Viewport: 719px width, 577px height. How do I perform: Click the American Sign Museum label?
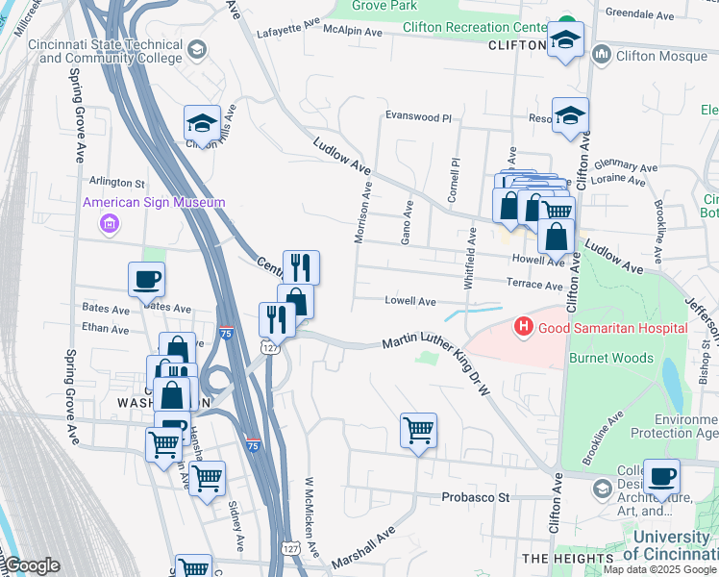pyautogui.click(x=154, y=202)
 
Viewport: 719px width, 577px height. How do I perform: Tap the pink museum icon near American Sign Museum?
pyautogui.click(x=110, y=224)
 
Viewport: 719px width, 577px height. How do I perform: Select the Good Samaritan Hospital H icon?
pyautogui.click(x=524, y=328)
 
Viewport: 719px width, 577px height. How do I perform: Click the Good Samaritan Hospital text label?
pyautogui.click(x=612, y=328)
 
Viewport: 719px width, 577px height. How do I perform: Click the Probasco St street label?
pyautogui.click(x=475, y=497)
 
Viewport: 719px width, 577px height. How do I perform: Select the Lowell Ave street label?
pyautogui.click(x=410, y=301)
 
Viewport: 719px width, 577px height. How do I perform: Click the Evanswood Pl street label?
pyautogui.click(x=418, y=116)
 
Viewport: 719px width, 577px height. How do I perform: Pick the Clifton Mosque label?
pyautogui.click(x=662, y=56)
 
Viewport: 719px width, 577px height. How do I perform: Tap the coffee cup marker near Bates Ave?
pyautogui.click(x=146, y=280)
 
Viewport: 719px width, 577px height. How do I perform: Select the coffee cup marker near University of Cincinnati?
pyautogui.click(x=661, y=476)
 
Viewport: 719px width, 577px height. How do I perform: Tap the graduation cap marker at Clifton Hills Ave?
pyautogui.click(x=203, y=123)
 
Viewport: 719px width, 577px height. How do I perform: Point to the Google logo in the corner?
pyautogui.click(x=32, y=565)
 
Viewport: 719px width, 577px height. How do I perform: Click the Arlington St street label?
pyautogui.click(x=116, y=182)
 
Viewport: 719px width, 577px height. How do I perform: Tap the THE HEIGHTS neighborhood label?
pyautogui.click(x=567, y=558)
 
